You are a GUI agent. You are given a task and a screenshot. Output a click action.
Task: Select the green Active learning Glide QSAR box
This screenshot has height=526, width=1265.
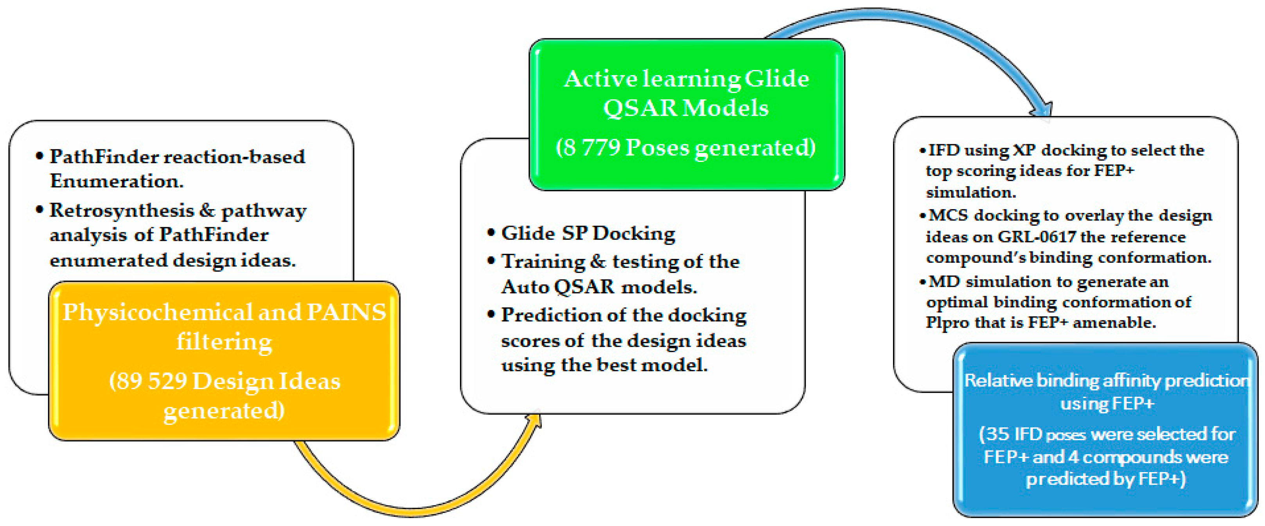686,115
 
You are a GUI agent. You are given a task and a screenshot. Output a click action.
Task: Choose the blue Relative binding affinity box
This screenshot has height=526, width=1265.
1105,430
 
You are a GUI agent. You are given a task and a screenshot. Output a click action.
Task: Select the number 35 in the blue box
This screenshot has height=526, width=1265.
997,434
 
